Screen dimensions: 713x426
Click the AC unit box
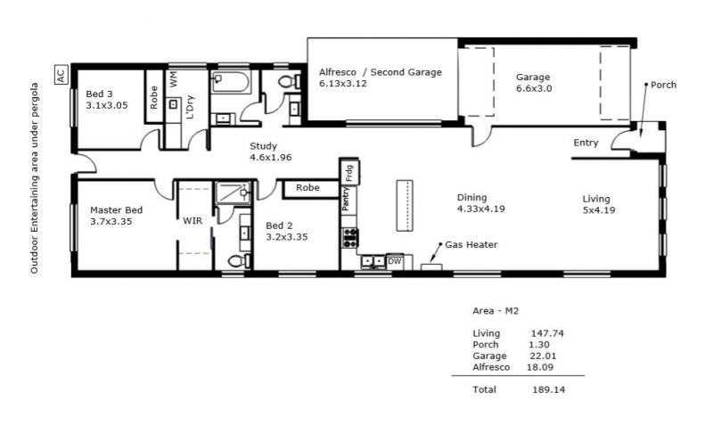point(61,74)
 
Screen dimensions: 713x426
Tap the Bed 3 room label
point(99,94)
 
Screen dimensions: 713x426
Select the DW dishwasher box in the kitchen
point(394,261)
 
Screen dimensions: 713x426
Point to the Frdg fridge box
point(349,172)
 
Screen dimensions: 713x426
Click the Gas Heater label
point(471,244)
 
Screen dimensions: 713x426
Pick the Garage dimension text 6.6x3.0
point(534,88)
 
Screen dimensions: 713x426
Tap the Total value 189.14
point(548,389)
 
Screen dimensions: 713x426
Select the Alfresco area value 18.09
point(540,367)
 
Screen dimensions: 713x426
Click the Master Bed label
point(117,210)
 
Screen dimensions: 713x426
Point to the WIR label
point(193,221)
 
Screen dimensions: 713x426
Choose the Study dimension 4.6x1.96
point(271,158)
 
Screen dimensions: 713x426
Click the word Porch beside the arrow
point(663,85)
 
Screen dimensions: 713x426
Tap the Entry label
point(586,143)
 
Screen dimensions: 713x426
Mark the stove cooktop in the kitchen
point(349,238)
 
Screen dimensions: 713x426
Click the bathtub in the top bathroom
point(230,82)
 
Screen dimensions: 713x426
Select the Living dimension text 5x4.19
point(599,210)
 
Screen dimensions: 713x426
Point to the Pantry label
point(346,198)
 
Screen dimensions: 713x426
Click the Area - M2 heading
point(496,311)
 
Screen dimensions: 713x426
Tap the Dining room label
point(472,197)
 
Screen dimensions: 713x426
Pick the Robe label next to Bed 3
point(153,97)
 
